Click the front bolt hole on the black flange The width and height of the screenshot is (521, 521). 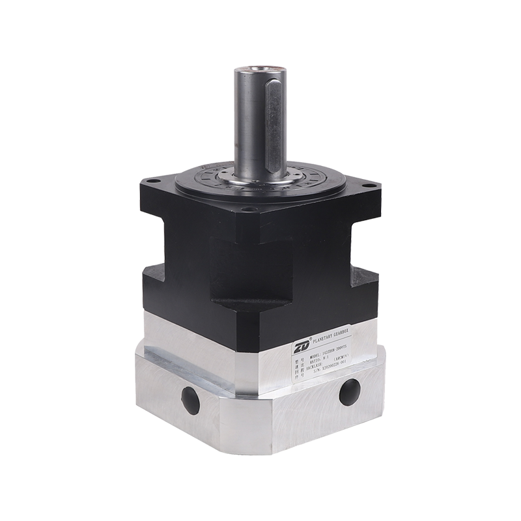[248, 209]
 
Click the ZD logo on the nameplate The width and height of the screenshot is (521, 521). [302, 346]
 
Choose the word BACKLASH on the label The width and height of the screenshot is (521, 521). [318, 367]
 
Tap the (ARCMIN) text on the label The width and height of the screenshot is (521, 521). [341, 357]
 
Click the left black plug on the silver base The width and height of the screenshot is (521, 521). [190, 399]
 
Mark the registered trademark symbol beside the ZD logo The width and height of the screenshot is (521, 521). [311, 338]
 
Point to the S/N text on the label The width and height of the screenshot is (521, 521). [317, 371]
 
